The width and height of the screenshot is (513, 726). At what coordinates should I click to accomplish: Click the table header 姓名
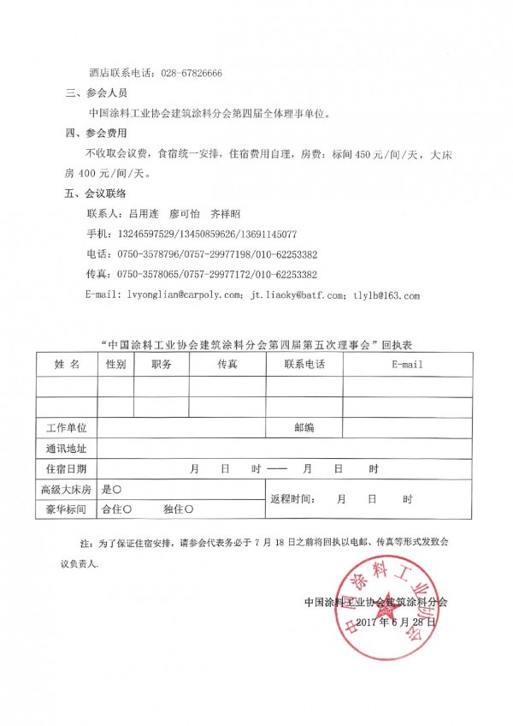pos(67,365)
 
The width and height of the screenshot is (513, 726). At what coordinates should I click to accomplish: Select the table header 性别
pos(115,365)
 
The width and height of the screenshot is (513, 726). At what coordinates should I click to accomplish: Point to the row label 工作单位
pos(66,427)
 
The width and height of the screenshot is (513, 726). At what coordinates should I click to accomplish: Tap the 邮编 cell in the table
pos(304,427)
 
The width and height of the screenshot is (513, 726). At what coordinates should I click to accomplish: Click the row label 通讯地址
pos(66,448)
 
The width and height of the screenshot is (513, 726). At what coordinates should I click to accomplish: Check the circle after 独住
pos(189,509)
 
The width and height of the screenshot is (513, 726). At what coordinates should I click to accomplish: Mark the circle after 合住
pos(127,509)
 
